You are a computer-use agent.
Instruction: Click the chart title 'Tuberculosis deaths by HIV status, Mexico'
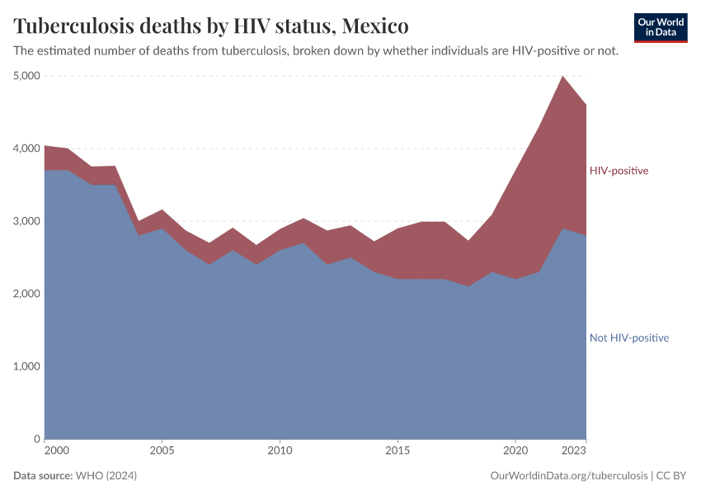[x=211, y=26]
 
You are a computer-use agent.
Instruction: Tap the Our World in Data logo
[x=660, y=27]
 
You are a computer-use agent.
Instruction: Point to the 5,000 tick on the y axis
[x=27, y=76]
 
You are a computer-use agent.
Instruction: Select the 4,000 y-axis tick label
[x=27, y=148]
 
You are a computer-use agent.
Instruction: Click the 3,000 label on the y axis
[x=27, y=221]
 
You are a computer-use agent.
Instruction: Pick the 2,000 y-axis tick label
[x=27, y=294]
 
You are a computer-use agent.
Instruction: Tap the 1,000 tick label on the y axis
[x=27, y=366]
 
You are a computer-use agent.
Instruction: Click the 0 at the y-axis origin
[x=36, y=439]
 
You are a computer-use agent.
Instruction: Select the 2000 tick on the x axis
[x=56, y=451]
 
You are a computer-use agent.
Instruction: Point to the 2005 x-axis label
[x=162, y=451]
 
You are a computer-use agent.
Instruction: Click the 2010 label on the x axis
[x=280, y=451]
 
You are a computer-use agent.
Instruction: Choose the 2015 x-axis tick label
[x=398, y=451]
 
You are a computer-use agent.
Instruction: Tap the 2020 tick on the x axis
[x=515, y=451]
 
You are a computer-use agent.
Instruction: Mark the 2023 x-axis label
[x=574, y=451]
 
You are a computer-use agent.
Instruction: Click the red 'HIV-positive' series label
[x=619, y=171]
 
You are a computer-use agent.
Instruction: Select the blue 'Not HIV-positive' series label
[x=628, y=338]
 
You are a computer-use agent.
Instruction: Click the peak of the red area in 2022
[x=562, y=77]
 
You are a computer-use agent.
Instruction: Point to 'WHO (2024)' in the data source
[x=106, y=476]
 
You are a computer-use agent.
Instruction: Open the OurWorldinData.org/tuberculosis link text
[x=567, y=476]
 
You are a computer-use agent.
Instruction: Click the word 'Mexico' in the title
[x=375, y=26]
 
